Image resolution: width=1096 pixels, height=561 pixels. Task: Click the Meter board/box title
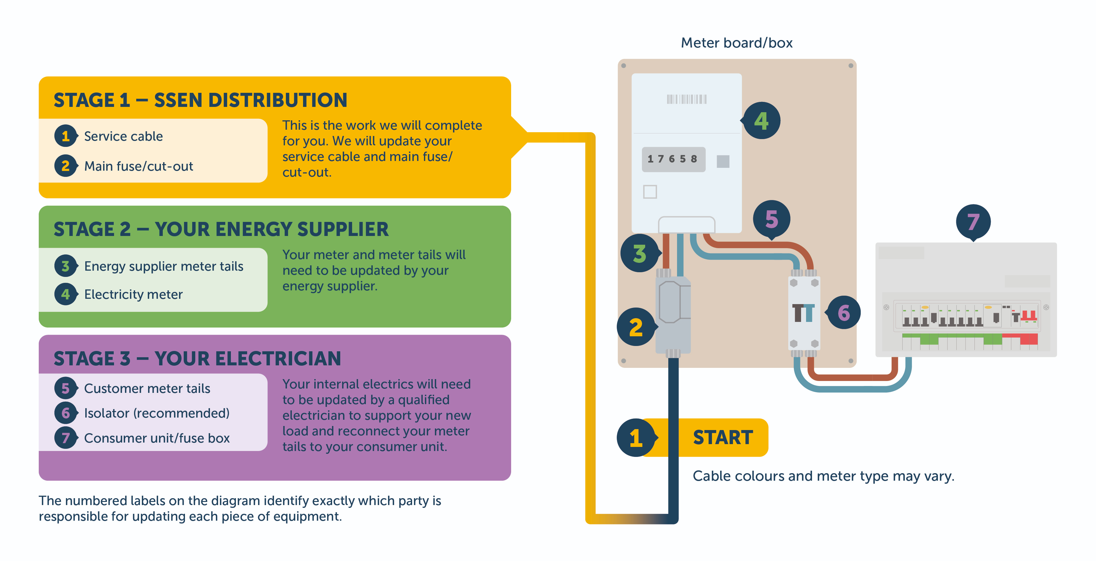point(736,43)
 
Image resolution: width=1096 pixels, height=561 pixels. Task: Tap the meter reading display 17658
point(673,159)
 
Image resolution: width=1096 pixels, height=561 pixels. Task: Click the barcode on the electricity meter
point(686,99)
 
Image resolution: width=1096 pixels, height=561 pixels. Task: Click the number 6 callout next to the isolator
point(843,313)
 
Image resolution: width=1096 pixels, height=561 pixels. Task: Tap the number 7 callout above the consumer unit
point(973,222)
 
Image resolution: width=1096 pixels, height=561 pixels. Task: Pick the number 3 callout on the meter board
point(640,253)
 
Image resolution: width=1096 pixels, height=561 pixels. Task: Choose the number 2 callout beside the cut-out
point(636,327)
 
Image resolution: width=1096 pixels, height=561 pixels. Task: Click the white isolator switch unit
point(804,313)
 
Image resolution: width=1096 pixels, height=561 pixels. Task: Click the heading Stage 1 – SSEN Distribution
point(200,100)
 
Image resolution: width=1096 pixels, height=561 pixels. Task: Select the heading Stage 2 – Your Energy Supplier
point(221,229)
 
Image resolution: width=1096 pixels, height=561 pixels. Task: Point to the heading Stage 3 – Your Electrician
point(197,359)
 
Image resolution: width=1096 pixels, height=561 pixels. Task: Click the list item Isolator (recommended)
point(157,413)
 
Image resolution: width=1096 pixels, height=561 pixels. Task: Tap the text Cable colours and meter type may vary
point(823,476)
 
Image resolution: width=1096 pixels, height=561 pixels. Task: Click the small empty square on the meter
point(650,192)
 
